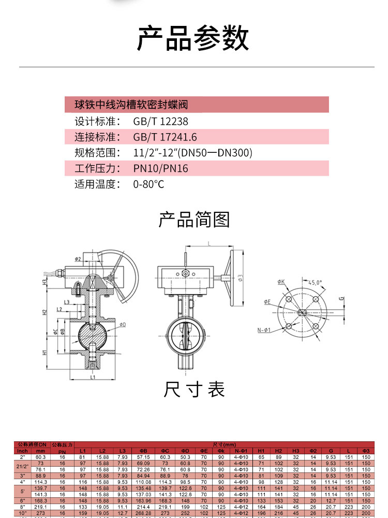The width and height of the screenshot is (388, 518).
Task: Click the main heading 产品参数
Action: coord(193,38)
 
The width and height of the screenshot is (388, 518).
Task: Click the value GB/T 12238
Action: coord(160,122)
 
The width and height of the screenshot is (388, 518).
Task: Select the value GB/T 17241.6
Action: coord(165,137)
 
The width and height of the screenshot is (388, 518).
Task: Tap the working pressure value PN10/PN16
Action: coord(160,168)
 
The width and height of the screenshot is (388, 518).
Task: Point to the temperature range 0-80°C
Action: coord(148,184)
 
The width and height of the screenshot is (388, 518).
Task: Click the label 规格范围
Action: coord(97,153)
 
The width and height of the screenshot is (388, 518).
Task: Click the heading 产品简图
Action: coord(193,220)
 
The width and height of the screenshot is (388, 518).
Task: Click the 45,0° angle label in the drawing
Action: coord(315,283)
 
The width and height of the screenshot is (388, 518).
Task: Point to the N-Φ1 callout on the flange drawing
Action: coord(264,330)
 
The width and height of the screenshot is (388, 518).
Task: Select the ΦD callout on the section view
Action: coord(123,324)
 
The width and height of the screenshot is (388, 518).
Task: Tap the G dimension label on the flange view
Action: coord(341,298)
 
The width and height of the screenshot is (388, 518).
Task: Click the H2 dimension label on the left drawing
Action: coord(45,312)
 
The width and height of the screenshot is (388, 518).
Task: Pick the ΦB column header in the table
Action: coord(143,451)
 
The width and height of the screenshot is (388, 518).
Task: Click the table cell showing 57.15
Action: coord(143,457)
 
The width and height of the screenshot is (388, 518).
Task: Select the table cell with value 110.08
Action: coord(143,482)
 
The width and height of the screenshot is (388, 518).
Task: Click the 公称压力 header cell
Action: coord(62,444)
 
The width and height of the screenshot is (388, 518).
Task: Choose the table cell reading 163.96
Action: coord(143,500)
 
